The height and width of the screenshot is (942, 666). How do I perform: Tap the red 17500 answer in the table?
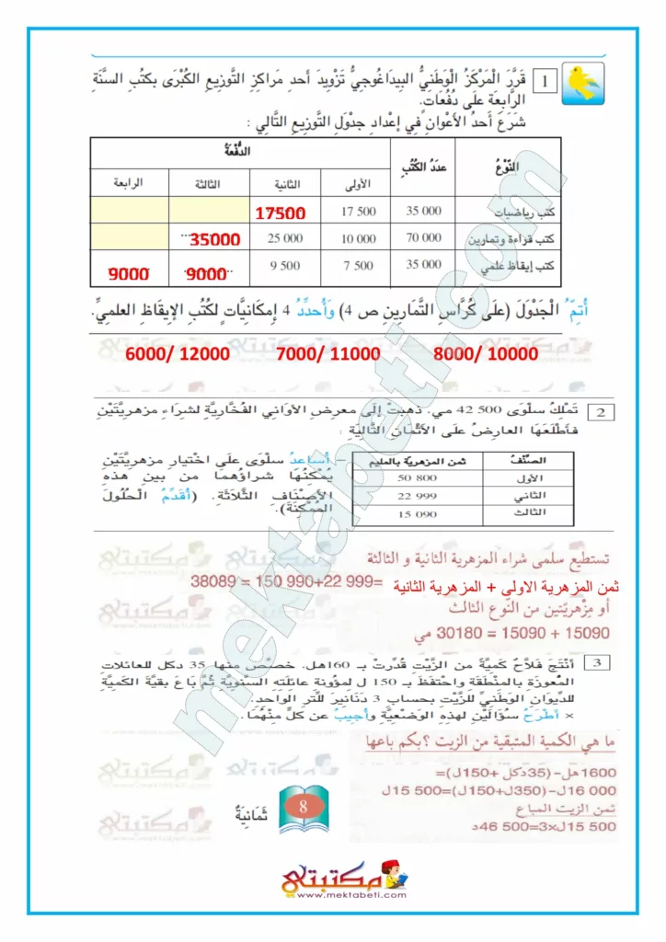281,213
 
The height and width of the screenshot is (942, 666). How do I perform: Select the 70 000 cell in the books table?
423,238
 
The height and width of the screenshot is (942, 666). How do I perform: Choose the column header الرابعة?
128,182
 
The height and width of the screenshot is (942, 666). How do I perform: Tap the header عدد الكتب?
422,167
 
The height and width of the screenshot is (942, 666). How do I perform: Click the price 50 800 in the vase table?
417,478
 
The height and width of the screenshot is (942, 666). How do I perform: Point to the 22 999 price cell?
417,496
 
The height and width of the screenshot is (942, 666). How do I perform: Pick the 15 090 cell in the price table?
417,513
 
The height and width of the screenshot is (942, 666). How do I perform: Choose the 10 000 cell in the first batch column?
358,239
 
